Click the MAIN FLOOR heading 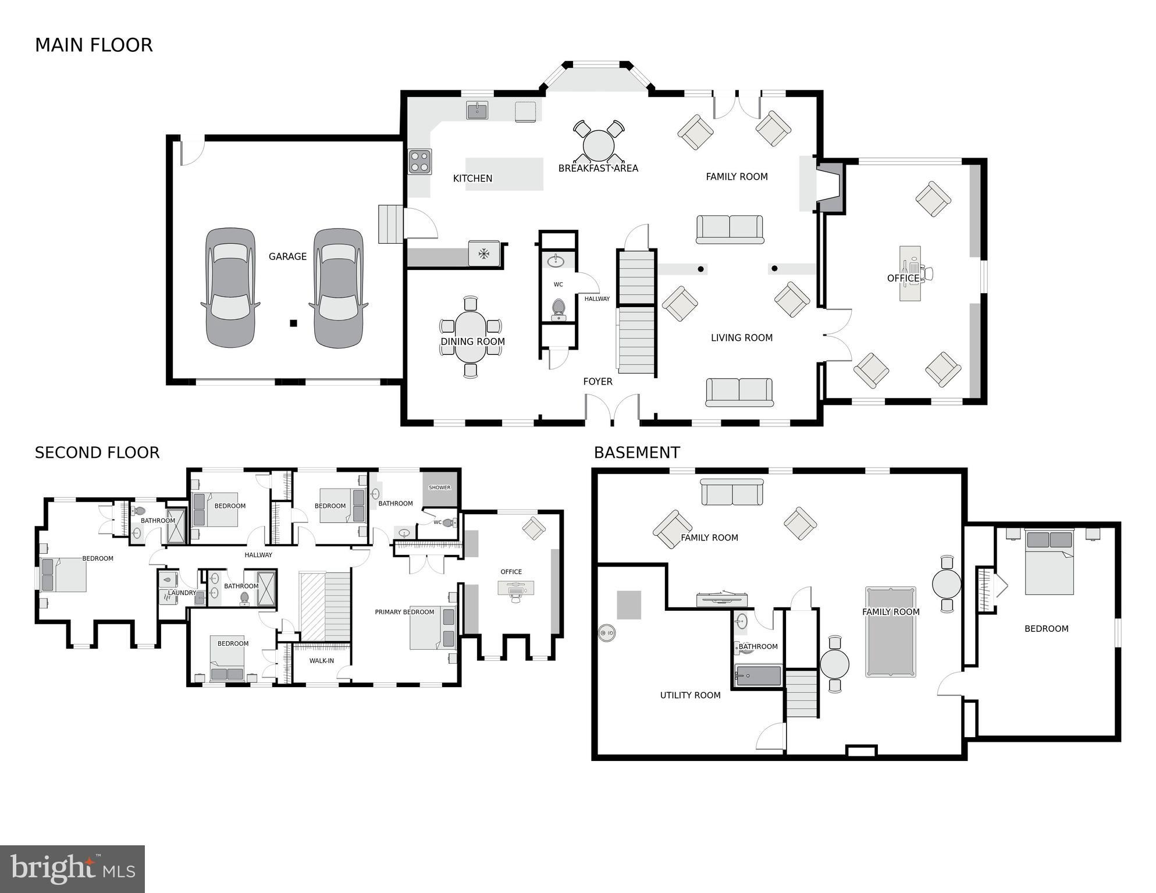point(94,45)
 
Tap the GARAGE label point(287,257)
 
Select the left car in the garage point(230,288)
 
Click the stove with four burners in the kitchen point(419,162)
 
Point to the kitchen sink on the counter point(478,111)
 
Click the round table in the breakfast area point(599,145)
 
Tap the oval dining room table point(471,337)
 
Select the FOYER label point(597,382)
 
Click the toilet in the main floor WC point(559,308)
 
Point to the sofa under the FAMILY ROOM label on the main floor point(730,229)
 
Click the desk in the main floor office point(910,273)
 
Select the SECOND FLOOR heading point(97,453)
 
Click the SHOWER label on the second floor point(439,488)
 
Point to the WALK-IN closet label point(321,660)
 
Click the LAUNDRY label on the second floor point(182,593)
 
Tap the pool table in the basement point(890,632)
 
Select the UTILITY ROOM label point(690,695)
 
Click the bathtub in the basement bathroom point(758,676)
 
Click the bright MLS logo point(72,869)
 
